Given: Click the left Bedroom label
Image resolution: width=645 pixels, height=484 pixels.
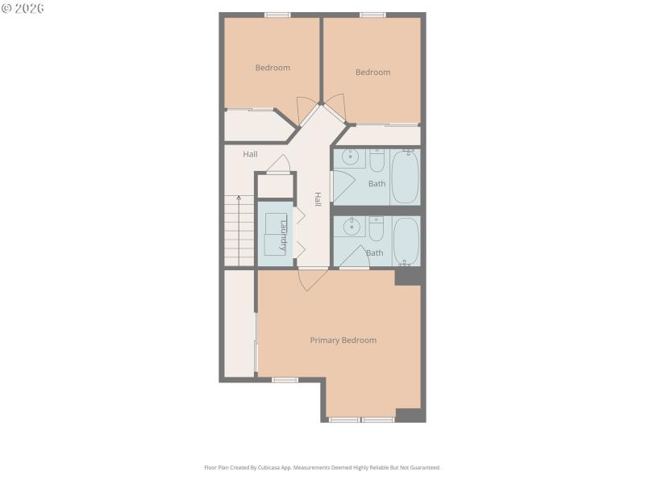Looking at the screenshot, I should pyautogui.click(x=273, y=68).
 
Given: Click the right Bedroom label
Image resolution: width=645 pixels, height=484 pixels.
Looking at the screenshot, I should pyautogui.click(x=372, y=73).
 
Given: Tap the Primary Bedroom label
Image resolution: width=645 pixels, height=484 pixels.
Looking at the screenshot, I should pyautogui.click(x=343, y=340).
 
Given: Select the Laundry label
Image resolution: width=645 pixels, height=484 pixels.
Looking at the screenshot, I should pyautogui.click(x=283, y=236).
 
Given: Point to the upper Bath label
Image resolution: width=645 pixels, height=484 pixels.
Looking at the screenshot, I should pyautogui.click(x=377, y=184).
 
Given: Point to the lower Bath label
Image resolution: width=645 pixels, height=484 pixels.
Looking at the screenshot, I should pyautogui.click(x=375, y=253).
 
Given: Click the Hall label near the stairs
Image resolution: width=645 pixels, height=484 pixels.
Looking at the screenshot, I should pyautogui.click(x=251, y=154).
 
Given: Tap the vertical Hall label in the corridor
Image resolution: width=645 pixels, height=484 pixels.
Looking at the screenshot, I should pyautogui.click(x=318, y=199).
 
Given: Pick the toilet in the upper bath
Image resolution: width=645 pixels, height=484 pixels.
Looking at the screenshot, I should pyautogui.click(x=377, y=162).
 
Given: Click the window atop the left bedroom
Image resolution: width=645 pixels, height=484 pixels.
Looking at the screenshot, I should pyautogui.click(x=277, y=15).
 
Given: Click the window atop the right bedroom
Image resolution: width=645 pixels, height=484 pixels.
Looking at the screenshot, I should pyautogui.click(x=372, y=15).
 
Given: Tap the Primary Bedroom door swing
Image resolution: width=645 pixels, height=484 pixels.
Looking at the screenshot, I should pyautogui.click(x=311, y=279).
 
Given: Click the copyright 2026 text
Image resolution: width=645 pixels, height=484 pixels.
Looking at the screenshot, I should pyautogui.click(x=23, y=8).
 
